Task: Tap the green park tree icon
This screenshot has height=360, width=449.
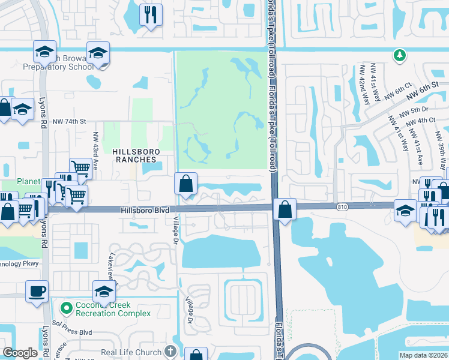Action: click(x=399, y=56)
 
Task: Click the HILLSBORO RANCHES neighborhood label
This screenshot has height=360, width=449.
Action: click(x=134, y=156)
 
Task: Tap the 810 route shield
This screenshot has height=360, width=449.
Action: click(x=342, y=206)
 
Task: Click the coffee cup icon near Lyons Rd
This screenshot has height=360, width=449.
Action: click(x=37, y=291)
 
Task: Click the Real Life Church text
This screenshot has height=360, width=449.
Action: click(x=131, y=352)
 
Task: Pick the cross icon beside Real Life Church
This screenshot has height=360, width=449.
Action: click(x=170, y=352)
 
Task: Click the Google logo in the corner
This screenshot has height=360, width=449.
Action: click(x=20, y=353)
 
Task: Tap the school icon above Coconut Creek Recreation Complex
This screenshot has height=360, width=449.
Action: click(x=104, y=292)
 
